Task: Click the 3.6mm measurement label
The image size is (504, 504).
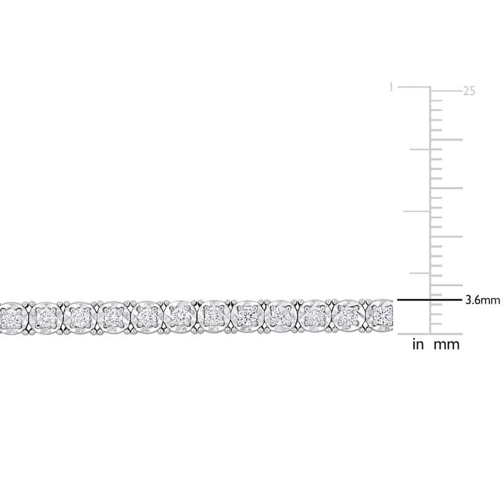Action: (483, 301)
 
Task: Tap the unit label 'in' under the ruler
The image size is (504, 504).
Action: (418, 345)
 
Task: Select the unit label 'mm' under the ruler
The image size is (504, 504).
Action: (447, 345)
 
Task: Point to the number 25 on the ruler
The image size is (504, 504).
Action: (469, 91)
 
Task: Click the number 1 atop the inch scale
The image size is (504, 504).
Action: (391, 87)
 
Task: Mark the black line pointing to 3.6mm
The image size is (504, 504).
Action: (430, 300)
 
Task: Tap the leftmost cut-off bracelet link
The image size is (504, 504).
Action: (12, 318)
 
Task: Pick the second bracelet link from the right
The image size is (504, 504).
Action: (348, 317)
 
